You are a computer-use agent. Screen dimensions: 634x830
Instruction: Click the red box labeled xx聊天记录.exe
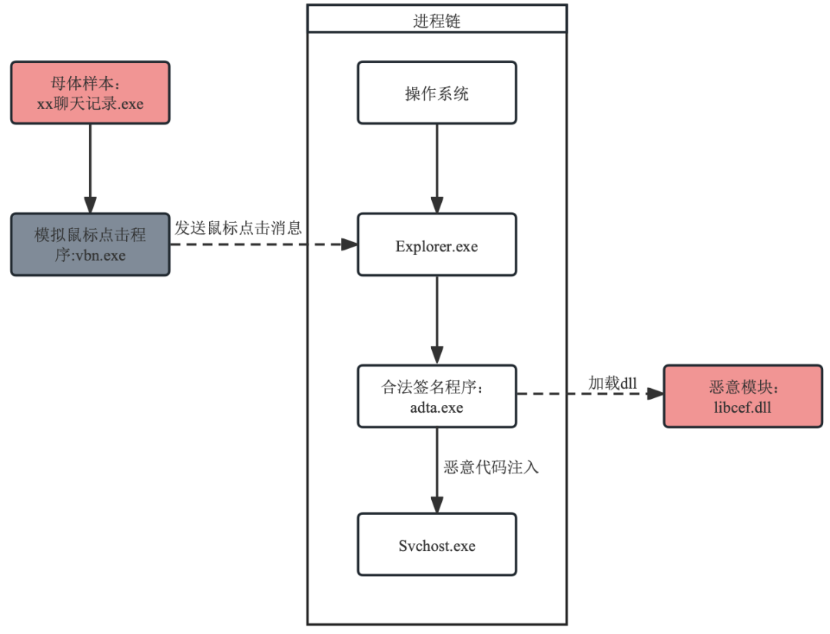[x=90, y=93]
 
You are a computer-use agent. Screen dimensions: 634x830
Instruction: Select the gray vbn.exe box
[x=90, y=244]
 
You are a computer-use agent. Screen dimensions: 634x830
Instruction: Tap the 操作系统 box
[x=437, y=92]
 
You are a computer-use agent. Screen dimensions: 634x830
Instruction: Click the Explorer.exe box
[x=437, y=244]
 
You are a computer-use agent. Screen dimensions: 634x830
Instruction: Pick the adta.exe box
[x=437, y=396]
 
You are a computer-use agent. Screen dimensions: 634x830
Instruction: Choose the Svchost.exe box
[x=437, y=545]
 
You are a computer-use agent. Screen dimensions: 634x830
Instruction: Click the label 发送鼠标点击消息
[x=237, y=228]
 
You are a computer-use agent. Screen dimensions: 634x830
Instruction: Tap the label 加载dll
[x=613, y=383]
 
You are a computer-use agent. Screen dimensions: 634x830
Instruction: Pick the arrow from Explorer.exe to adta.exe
[x=437, y=319]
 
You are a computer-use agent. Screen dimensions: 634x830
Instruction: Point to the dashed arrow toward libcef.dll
[x=589, y=394]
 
